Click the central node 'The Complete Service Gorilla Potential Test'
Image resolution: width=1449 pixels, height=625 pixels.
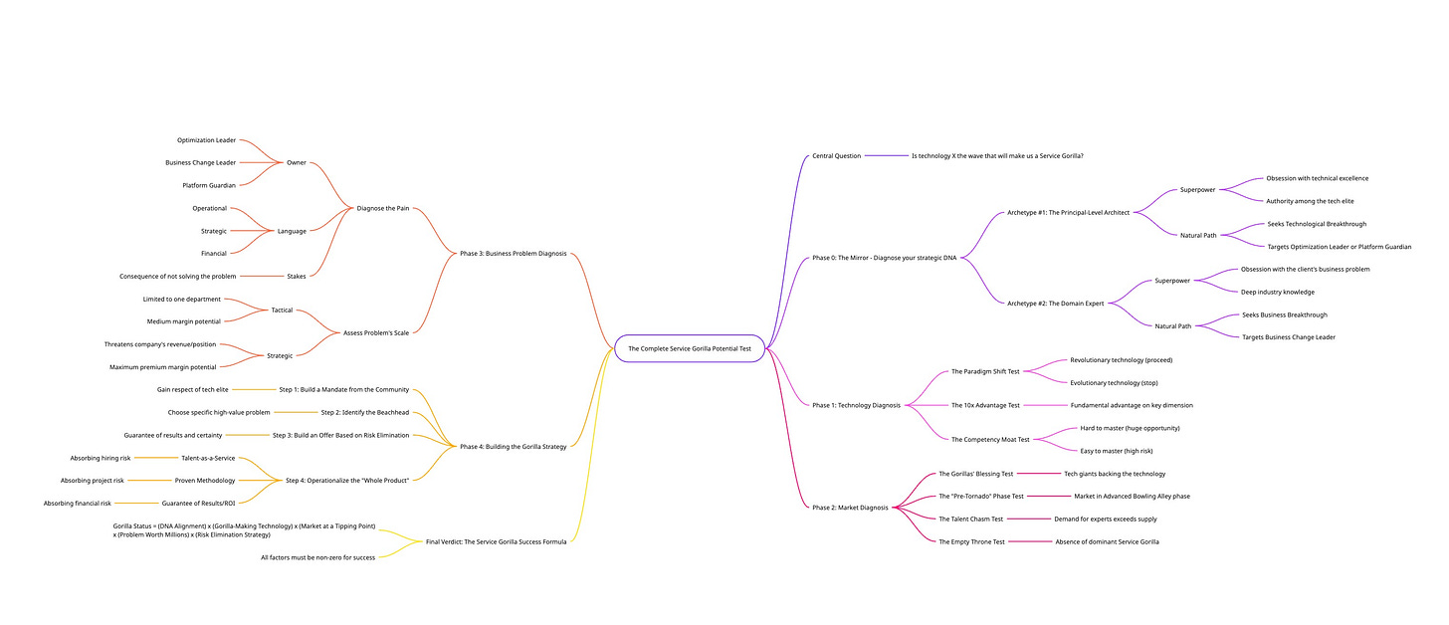pyautogui.click(x=689, y=348)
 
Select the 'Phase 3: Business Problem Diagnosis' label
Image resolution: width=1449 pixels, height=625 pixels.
pyautogui.click(x=513, y=253)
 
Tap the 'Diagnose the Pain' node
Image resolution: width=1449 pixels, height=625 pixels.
pyautogui.click(x=383, y=208)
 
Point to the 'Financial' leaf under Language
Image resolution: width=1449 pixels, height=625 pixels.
pyautogui.click(x=213, y=253)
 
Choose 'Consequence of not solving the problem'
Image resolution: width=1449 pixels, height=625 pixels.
pyautogui.click(x=178, y=276)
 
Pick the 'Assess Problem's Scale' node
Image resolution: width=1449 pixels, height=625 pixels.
pyautogui.click(x=375, y=332)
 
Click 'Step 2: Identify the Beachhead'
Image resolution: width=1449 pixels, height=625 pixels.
pyautogui.click(x=364, y=412)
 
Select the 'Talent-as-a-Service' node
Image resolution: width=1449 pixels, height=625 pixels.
pyautogui.click(x=208, y=458)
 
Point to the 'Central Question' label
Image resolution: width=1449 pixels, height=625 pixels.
pyautogui.click(x=836, y=155)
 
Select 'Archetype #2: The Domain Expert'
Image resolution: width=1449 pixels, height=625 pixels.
pyautogui.click(x=1055, y=303)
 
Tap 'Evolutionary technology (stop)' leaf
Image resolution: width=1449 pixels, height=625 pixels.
pyautogui.click(x=1114, y=382)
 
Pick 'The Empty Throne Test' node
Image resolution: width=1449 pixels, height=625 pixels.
pyautogui.click(x=971, y=541)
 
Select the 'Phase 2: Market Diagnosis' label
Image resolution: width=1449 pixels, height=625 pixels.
pyautogui.click(x=849, y=508)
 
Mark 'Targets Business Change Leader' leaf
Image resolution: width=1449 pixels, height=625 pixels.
pyautogui.click(x=1288, y=337)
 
